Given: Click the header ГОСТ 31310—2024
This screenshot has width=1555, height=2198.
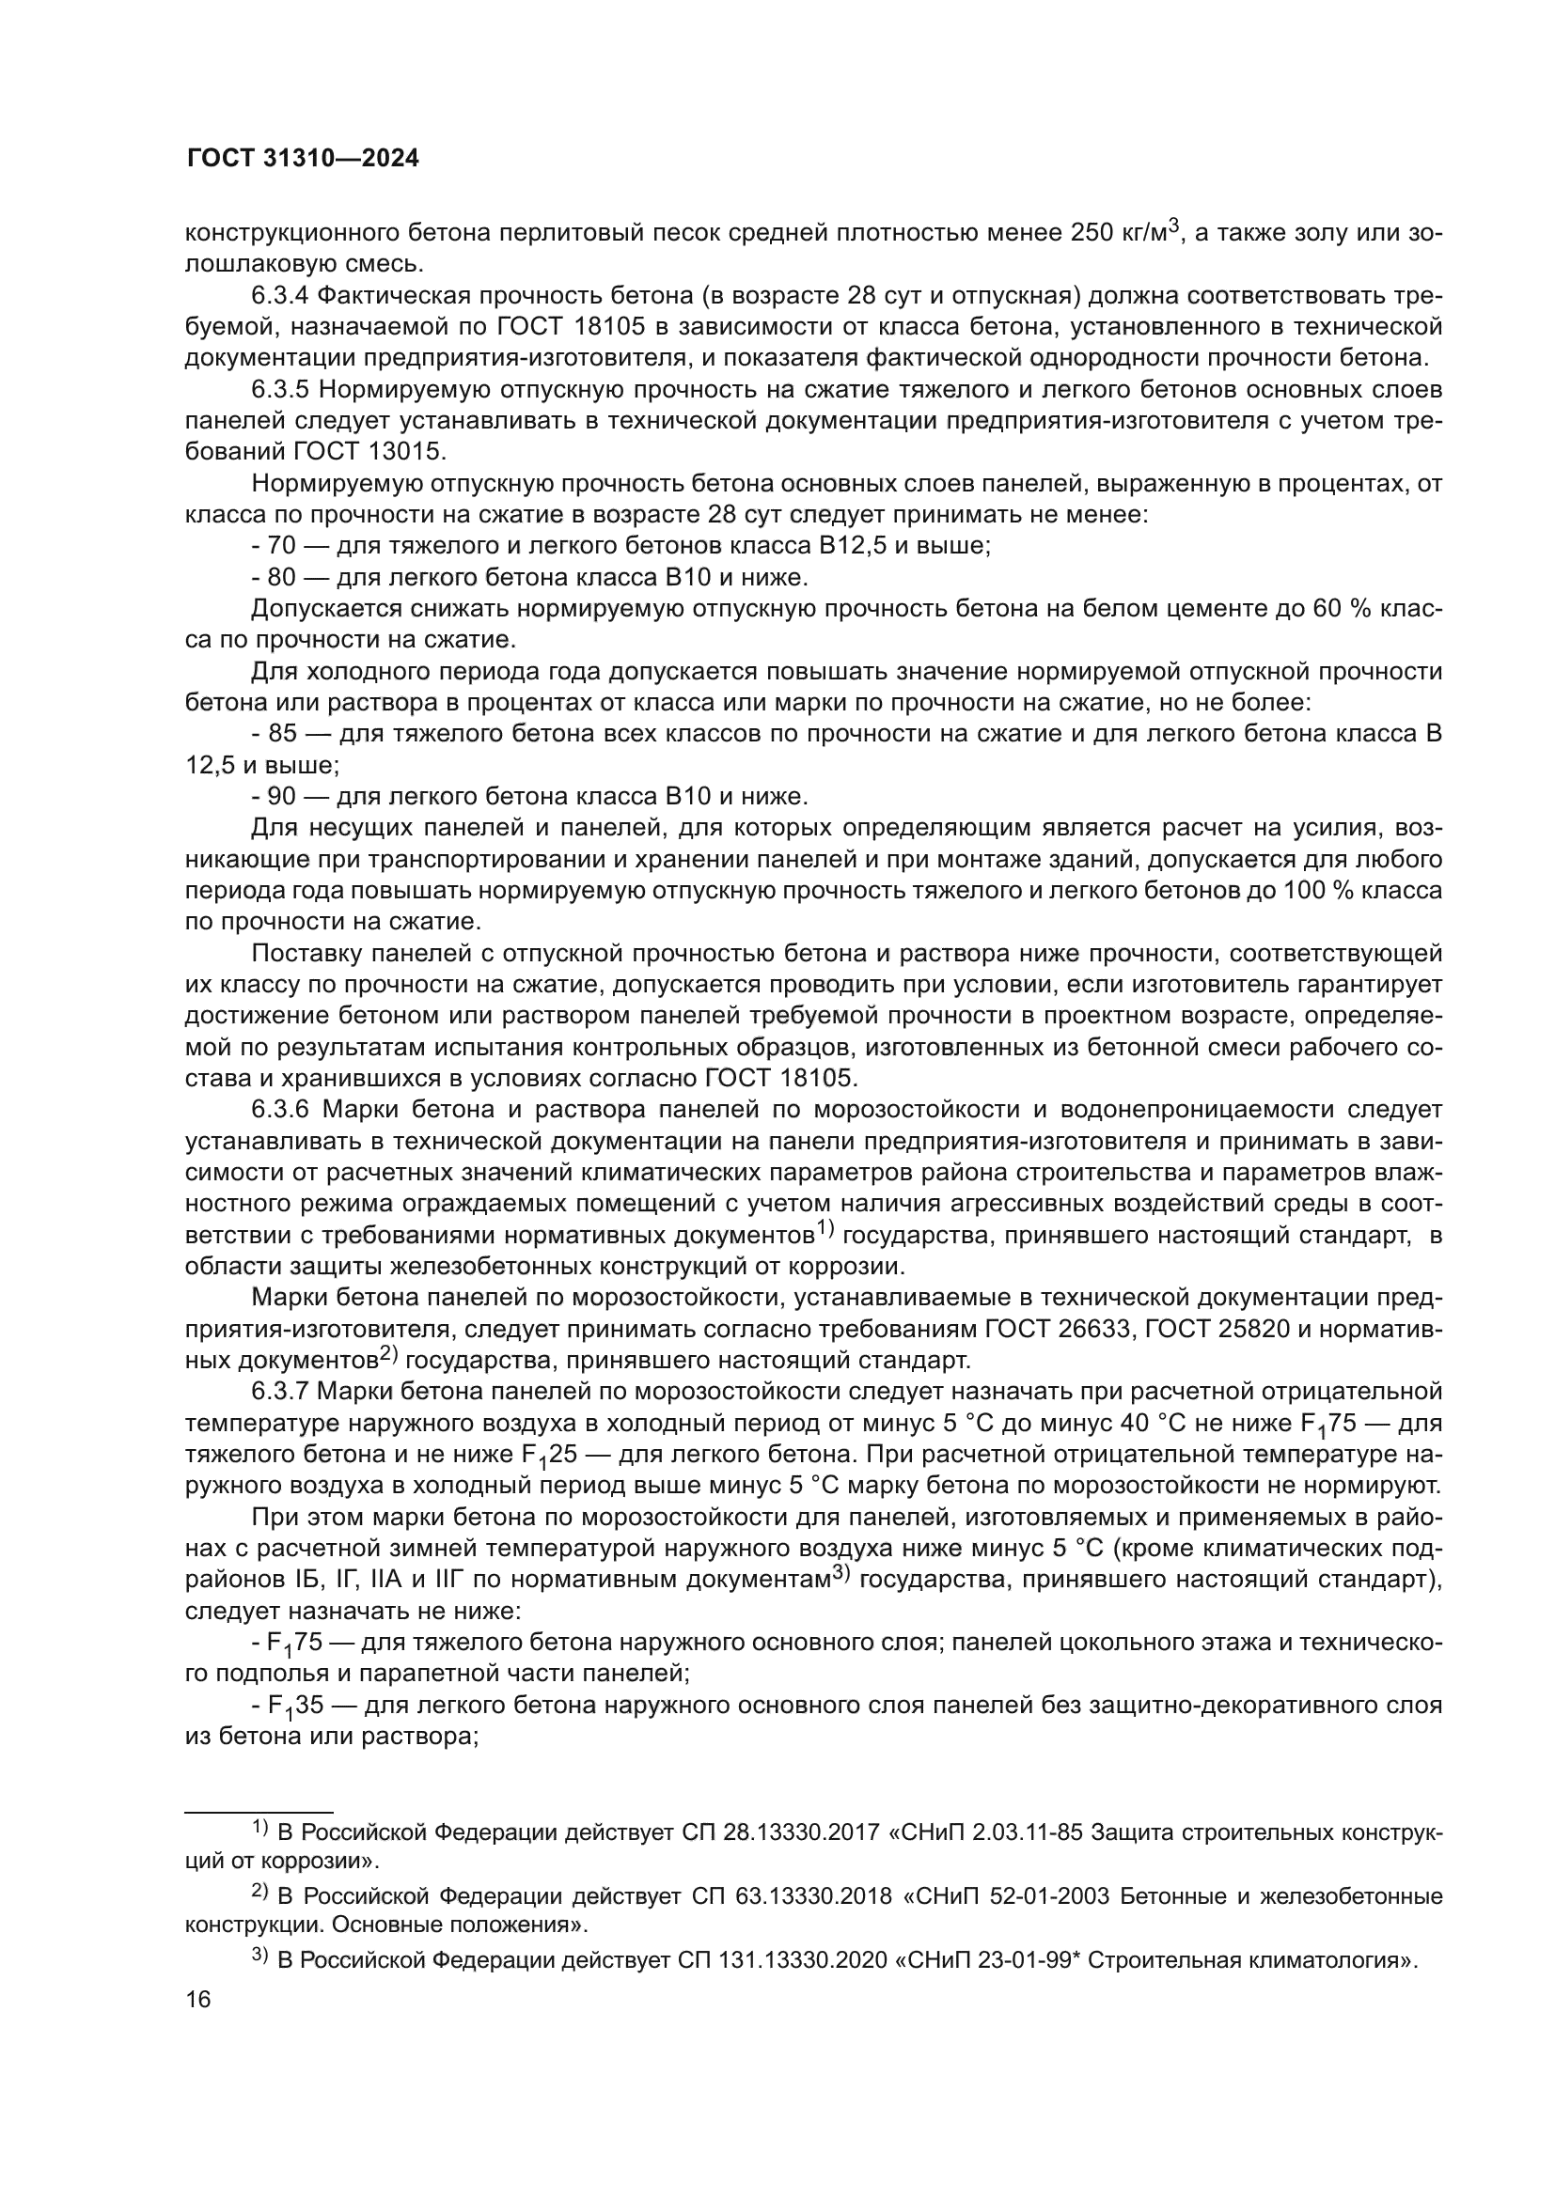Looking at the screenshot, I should [303, 159].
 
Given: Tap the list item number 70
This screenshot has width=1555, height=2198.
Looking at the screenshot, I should [281, 547].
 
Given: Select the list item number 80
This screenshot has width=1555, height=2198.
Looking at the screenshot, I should [281, 578].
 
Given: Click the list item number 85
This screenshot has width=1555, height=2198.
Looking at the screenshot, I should [281, 734].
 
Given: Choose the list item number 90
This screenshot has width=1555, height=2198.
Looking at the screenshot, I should [281, 797].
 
